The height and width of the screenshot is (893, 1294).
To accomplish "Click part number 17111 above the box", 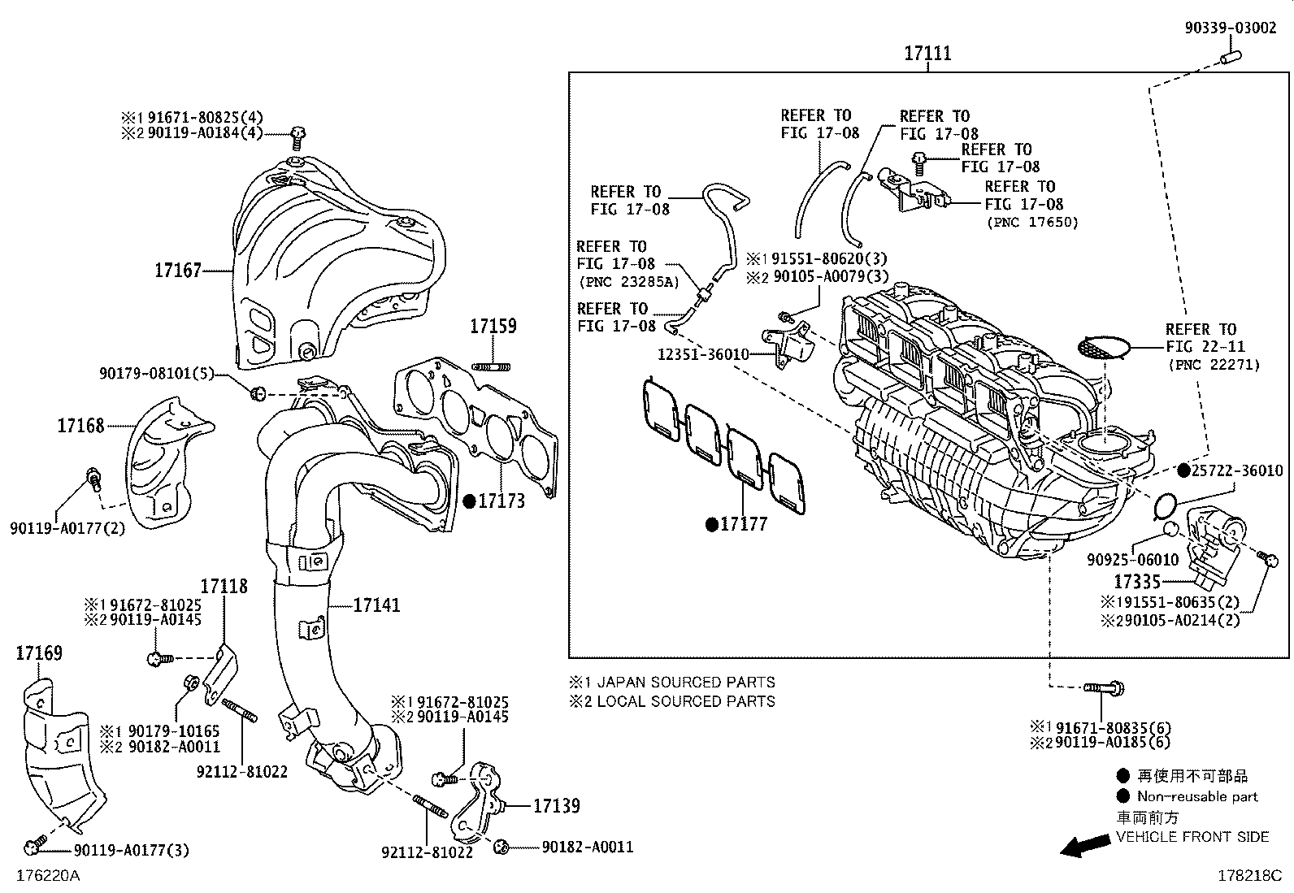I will click(x=927, y=54).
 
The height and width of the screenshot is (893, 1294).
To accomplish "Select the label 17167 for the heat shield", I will click(x=177, y=270).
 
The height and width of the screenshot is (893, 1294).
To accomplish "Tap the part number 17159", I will click(x=493, y=327).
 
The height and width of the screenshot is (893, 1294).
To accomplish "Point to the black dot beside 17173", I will click(x=469, y=501).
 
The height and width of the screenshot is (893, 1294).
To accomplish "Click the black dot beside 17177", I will click(x=712, y=525).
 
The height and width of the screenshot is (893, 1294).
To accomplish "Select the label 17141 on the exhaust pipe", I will click(x=376, y=605).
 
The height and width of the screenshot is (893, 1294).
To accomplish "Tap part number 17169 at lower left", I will click(x=39, y=653).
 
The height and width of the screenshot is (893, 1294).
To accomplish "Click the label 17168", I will click(x=80, y=426).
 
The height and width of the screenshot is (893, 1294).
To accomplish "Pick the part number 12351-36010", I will click(x=704, y=354).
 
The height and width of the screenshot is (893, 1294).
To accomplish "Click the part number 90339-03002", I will click(x=1229, y=28).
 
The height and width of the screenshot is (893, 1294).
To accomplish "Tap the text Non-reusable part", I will click(x=1196, y=797).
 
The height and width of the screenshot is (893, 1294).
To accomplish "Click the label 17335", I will click(x=1137, y=582).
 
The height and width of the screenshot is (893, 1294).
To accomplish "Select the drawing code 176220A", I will click(x=48, y=876).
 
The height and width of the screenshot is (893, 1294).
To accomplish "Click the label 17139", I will click(x=556, y=806).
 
